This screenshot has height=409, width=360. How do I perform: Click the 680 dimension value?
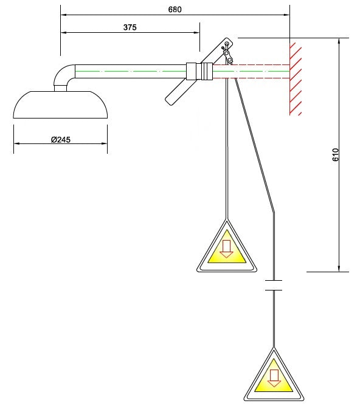(175, 9)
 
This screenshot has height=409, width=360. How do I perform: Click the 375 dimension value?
(130, 27)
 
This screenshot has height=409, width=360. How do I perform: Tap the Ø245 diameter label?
(61, 139)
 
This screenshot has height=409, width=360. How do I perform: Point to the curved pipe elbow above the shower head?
(63, 77)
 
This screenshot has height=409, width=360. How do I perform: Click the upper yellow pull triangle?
(226, 249)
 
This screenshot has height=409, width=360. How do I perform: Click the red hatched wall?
(296, 77)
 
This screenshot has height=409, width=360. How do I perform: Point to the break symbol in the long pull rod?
(274, 284)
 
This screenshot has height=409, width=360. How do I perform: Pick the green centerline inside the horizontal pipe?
(134, 71)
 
